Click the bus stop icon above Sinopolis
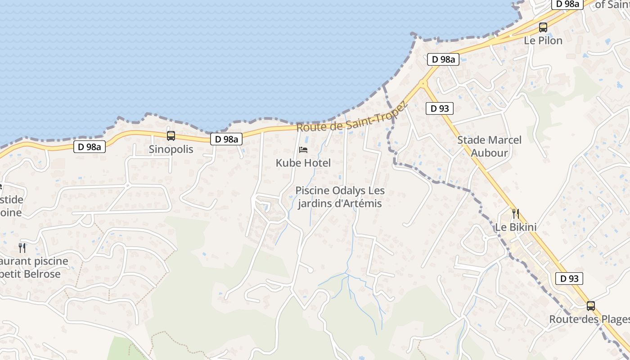[x=171, y=135]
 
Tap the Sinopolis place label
[x=171, y=149]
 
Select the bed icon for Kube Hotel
[x=303, y=149]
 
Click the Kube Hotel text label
[x=303, y=163]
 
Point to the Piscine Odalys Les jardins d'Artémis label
[x=340, y=197]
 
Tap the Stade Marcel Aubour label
[x=489, y=146]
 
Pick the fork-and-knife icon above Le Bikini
[x=516, y=213]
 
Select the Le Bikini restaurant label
[x=516, y=227]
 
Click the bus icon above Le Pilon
[x=543, y=27]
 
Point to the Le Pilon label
[x=543, y=40]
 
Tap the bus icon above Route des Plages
[x=591, y=306]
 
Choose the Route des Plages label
[x=589, y=319]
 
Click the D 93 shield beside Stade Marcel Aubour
[x=440, y=108]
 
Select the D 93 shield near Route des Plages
[x=569, y=279]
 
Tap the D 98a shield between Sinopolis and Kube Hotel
[x=226, y=139]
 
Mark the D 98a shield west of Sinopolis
[x=89, y=147]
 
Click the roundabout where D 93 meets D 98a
[x=423, y=83]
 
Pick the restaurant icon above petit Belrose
[x=22, y=247]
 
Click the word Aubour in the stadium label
[x=489, y=153]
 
